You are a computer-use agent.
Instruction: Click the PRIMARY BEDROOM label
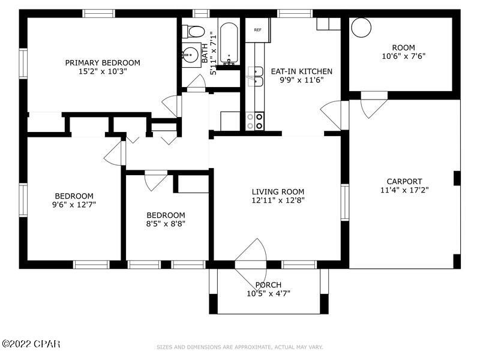tap(103, 62)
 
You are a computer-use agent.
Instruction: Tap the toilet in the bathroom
tap(193, 31)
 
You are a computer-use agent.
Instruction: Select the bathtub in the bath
tap(229, 43)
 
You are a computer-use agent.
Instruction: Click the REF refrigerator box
tap(257, 30)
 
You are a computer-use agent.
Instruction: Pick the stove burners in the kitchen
tap(259, 121)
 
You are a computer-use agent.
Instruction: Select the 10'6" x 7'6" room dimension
tap(403, 58)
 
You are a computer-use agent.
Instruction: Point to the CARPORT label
tap(404, 181)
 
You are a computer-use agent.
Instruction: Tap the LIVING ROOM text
tap(278, 192)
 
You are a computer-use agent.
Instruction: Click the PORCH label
tap(268, 284)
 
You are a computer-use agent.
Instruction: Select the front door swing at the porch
tap(252, 252)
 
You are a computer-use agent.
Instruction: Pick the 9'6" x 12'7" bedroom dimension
tap(74, 205)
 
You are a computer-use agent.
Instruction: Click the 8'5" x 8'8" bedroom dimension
tap(166, 224)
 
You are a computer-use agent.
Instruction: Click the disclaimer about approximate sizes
tap(239, 347)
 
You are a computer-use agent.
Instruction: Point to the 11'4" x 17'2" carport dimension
tap(404, 191)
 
